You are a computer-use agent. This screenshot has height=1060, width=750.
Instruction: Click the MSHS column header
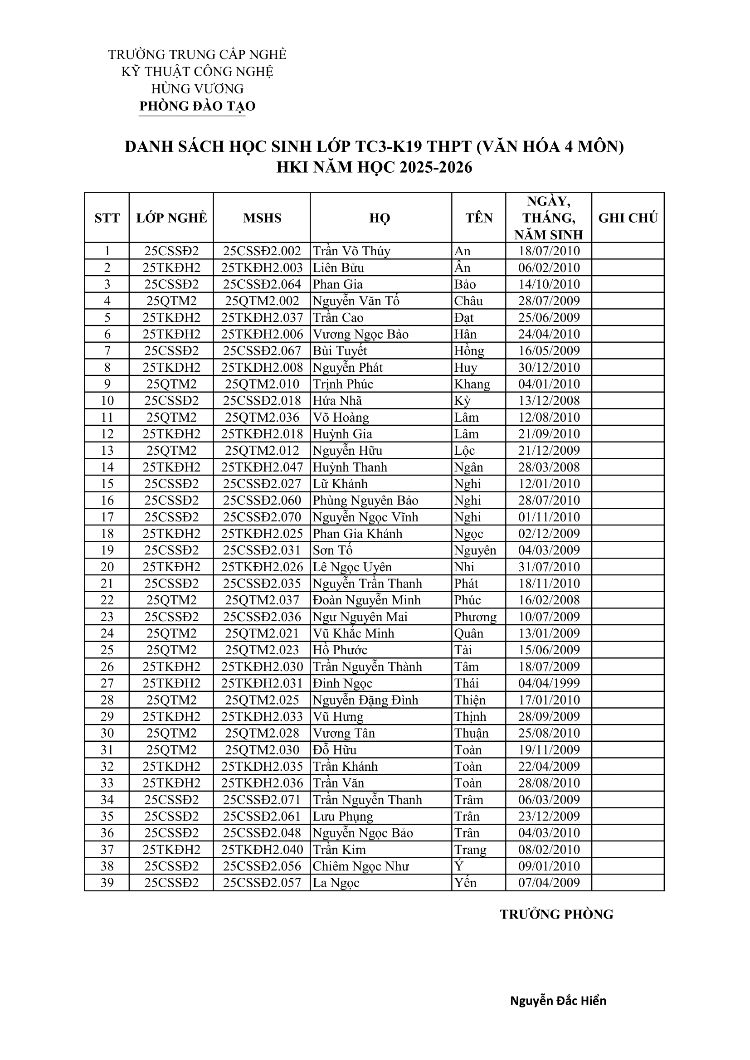click(x=262, y=218)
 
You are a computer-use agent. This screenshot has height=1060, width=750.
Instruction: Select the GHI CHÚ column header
click(x=628, y=218)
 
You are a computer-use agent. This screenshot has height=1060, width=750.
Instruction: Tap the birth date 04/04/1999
click(x=549, y=683)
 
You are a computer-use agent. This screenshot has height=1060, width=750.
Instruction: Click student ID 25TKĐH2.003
click(x=262, y=268)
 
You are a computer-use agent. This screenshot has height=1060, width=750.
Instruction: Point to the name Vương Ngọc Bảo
click(x=360, y=334)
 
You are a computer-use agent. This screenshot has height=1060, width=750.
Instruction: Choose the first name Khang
click(x=472, y=384)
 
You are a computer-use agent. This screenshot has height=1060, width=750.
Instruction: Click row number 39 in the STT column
click(x=107, y=883)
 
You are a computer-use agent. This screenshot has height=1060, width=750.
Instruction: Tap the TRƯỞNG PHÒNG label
click(x=556, y=914)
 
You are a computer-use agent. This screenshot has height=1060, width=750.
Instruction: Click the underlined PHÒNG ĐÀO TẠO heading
click(x=197, y=106)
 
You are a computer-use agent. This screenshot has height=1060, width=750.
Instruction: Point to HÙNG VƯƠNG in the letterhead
click(x=197, y=89)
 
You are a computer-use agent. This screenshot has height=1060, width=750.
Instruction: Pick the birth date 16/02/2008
click(x=549, y=600)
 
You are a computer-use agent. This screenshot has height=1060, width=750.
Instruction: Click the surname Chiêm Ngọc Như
click(x=360, y=866)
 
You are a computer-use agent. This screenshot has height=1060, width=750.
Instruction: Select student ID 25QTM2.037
click(x=262, y=600)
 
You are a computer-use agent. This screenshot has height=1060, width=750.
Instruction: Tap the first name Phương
click(x=475, y=617)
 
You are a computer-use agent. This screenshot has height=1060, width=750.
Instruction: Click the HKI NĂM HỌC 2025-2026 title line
click(x=374, y=167)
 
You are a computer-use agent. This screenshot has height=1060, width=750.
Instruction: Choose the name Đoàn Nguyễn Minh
click(x=367, y=600)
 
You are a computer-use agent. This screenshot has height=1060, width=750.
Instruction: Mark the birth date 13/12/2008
click(x=549, y=401)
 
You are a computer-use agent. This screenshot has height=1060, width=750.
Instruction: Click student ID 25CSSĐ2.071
click(x=262, y=800)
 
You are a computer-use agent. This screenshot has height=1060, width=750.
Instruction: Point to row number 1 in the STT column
click(x=107, y=251)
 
